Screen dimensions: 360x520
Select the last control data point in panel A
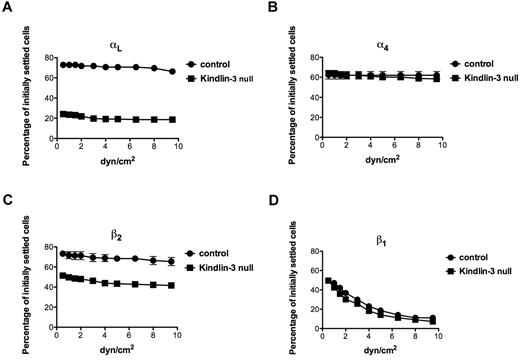(x=171, y=72)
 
